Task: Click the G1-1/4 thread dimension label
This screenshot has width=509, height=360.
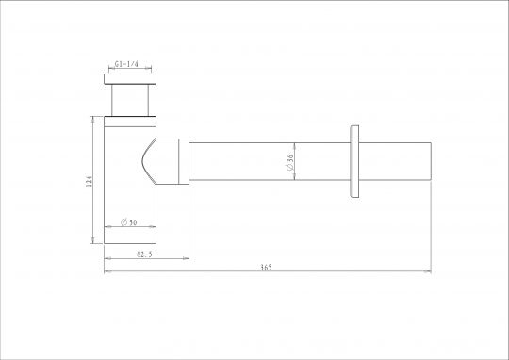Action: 126,64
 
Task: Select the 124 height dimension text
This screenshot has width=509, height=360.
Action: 89,181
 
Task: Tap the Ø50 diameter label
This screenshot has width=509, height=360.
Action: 129,222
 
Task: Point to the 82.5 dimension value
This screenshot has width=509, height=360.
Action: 144,254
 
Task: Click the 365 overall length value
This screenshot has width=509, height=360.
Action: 266,268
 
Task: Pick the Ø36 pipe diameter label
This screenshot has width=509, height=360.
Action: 289,162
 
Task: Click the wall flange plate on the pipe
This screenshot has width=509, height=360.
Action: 354,161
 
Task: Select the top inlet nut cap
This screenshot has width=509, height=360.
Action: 130,79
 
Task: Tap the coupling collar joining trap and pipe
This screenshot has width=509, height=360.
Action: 184,161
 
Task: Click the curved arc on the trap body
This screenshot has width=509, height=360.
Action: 143,161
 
